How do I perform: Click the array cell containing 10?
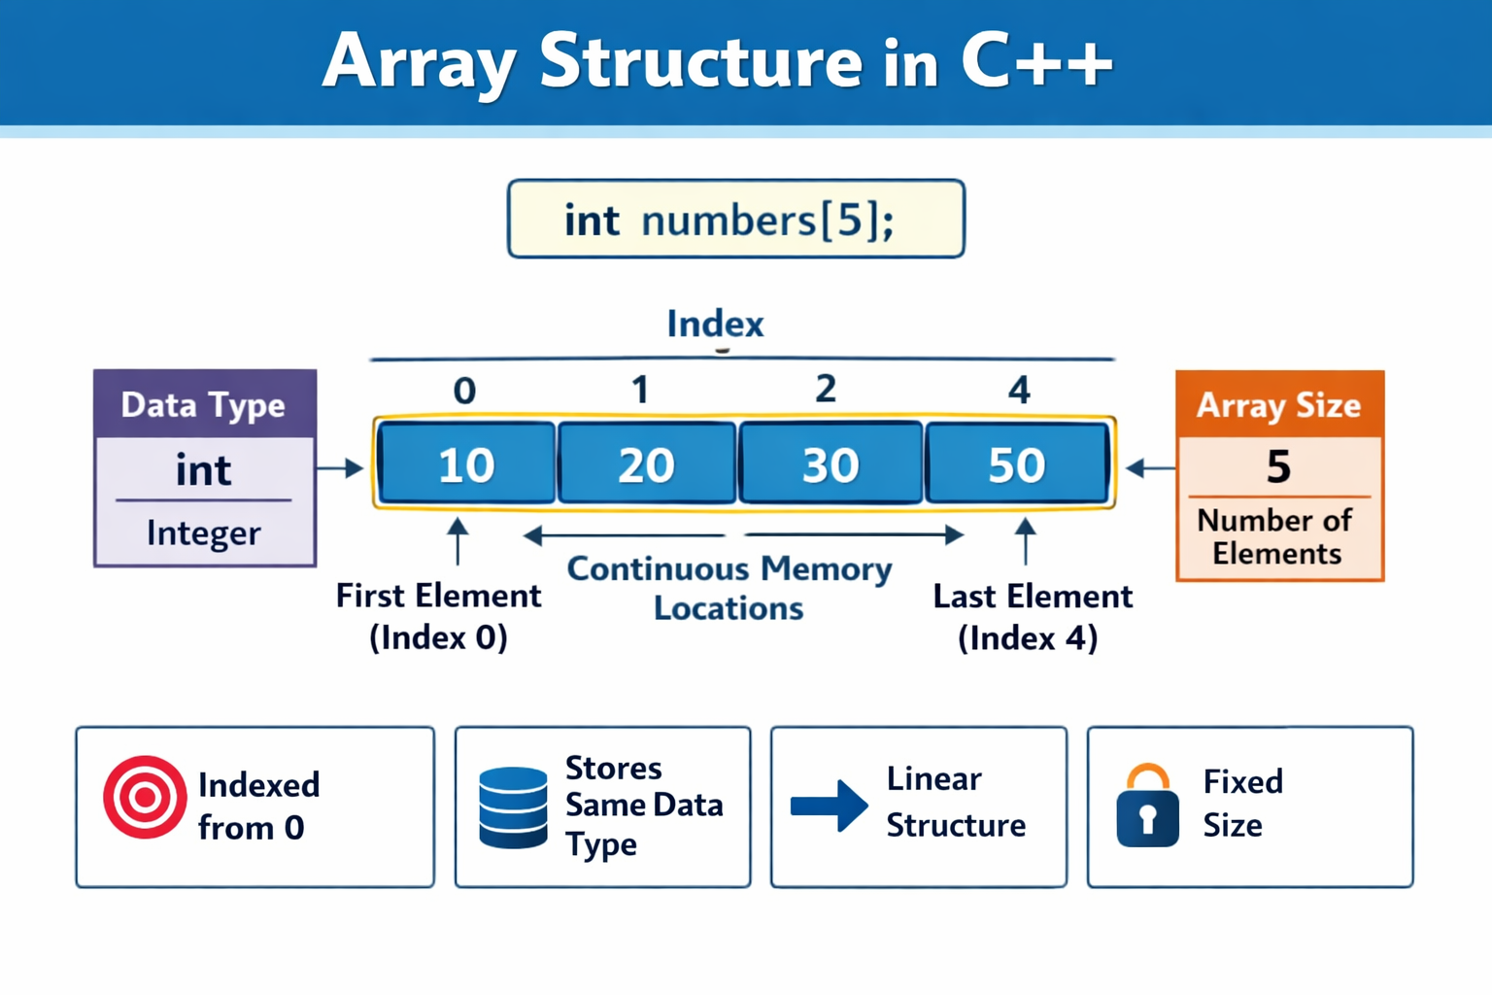(x=466, y=463)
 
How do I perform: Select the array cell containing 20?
(x=647, y=463)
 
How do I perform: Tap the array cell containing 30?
(x=831, y=463)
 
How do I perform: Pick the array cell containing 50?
(x=1017, y=463)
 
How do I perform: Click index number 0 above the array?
(x=464, y=391)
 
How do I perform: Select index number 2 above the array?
(x=826, y=389)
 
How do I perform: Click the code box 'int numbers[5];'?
(x=735, y=220)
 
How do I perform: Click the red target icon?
(x=145, y=797)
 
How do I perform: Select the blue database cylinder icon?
(x=513, y=806)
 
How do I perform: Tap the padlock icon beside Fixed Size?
(x=1147, y=806)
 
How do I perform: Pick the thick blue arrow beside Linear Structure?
(x=829, y=806)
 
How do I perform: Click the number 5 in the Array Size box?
(x=1278, y=467)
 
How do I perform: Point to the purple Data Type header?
(x=204, y=404)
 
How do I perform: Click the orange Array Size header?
(x=1278, y=404)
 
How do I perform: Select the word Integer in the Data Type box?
(x=204, y=532)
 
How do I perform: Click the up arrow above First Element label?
(x=458, y=540)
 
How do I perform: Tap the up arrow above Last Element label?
(x=1025, y=540)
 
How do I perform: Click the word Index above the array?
(x=715, y=324)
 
